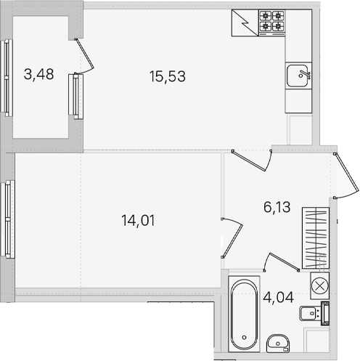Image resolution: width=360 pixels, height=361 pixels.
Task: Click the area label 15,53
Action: tap(168, 76)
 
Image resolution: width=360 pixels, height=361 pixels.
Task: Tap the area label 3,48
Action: tap(38, 74)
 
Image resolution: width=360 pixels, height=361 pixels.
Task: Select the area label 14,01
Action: tap(138, 221)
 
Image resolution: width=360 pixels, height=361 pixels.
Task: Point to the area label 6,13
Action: tap(277, 207)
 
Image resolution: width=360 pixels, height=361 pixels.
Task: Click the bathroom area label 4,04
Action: tap(278, 297)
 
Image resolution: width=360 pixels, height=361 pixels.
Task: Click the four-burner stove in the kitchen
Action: tap(271, 23)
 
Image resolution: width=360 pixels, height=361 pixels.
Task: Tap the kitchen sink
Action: tap(298, 76)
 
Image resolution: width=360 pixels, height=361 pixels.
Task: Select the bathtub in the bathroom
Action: tap(244, 314)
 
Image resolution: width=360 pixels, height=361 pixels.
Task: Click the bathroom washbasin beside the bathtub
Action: tap(278, 344)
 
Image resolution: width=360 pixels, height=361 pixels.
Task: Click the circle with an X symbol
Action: tap(319, 285)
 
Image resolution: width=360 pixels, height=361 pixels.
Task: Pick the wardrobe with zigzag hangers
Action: tap(316, 238)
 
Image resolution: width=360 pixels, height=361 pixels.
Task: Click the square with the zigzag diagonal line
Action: tap(245, 23)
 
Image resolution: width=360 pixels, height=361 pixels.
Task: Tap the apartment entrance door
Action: tap(346, 176)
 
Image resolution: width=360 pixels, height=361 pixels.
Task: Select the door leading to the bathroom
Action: tap(281, 262)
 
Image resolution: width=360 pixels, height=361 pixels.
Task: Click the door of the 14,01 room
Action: tap(232, 238)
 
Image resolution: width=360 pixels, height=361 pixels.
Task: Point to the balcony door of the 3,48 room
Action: tap(84, 56)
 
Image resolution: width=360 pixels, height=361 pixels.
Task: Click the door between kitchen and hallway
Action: tap(252, 161)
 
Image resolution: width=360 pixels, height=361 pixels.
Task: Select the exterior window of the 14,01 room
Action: tap(8, 219)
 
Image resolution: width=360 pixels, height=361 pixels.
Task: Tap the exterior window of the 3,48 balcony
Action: tap(7, 78)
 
